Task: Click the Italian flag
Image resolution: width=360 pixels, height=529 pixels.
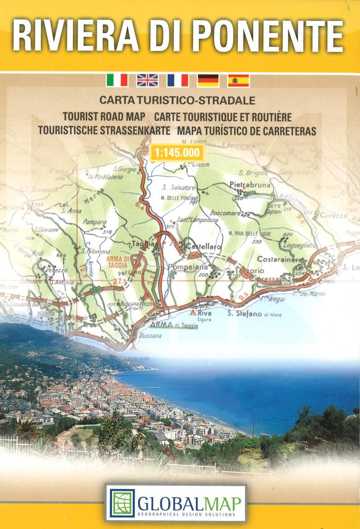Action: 117,80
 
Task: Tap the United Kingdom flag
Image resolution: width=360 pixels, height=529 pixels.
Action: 147,80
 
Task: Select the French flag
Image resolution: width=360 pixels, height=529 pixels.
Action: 178,80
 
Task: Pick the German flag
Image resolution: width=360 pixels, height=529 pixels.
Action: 208,80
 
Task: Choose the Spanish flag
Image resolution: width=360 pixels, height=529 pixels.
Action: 238,80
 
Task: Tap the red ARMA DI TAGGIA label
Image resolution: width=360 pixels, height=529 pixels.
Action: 117,262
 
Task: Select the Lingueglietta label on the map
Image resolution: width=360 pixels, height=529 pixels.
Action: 298,245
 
